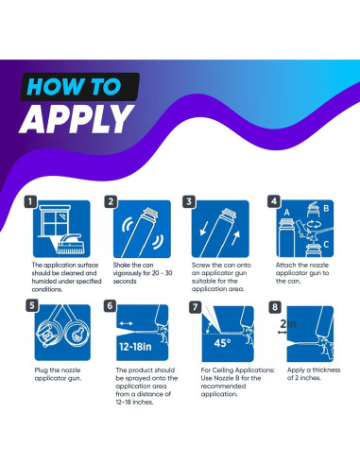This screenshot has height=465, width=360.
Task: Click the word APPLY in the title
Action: (77, 119)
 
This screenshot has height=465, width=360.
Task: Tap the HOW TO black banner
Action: (80, 86)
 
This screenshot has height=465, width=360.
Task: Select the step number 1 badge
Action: (30, 201)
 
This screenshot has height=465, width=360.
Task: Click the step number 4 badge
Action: (274, 201)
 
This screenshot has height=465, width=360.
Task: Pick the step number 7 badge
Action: (196, 307)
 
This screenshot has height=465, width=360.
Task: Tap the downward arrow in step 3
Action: (204, 228)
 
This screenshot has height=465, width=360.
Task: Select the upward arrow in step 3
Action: (236, 238)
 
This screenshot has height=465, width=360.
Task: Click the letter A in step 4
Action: (286, 213)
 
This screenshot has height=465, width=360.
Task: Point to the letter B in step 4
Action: (326, 208)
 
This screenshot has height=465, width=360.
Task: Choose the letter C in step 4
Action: (326, 244)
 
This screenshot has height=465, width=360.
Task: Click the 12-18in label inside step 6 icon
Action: (135, 347)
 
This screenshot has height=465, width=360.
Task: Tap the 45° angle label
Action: (222, 343)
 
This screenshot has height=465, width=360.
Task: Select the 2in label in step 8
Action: (288, 323)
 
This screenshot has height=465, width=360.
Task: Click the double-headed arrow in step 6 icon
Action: (127, 323)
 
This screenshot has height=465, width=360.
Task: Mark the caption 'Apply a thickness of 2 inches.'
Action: (314, 373)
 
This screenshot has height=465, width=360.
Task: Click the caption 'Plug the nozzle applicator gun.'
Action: (58, 374)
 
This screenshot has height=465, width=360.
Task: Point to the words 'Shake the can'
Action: (133, 265)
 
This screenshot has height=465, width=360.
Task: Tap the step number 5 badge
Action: (32, 305)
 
